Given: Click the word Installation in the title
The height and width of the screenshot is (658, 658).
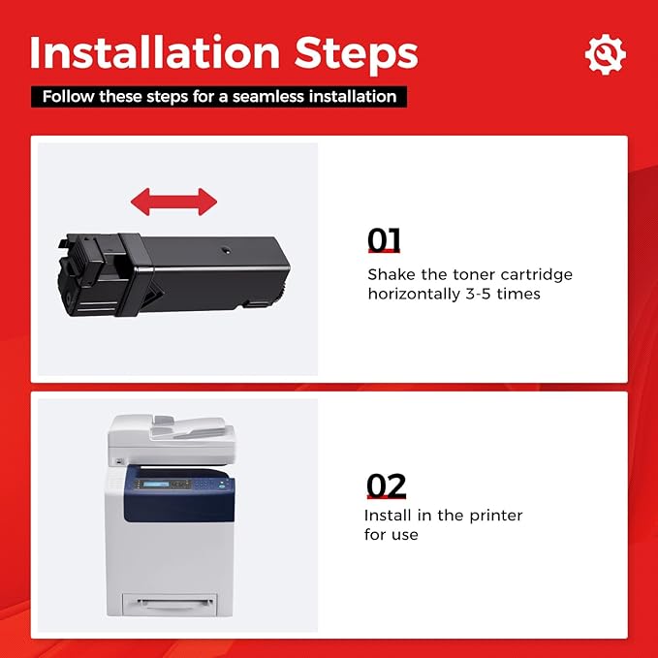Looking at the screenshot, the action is [154, 52].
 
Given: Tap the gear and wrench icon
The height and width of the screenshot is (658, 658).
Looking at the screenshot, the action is [605, 54].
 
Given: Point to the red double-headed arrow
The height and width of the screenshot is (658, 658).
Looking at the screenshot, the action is [173, 202].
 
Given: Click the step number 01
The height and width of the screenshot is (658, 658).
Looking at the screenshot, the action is [384, 239].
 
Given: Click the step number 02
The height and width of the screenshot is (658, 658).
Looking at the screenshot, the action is [386, 486].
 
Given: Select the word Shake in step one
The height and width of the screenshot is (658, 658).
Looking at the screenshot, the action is [392, 274].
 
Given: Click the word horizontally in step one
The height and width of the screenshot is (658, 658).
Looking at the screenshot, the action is [414, 295].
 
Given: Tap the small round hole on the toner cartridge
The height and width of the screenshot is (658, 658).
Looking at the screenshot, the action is [226, 251].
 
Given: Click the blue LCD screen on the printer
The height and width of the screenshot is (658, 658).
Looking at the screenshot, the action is [156, 485].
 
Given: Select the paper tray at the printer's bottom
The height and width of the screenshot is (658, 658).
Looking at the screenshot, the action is [170, 605].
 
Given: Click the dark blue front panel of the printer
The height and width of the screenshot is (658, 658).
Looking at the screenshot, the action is [179, 493].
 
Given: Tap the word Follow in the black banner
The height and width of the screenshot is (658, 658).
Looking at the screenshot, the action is [68, 97].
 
